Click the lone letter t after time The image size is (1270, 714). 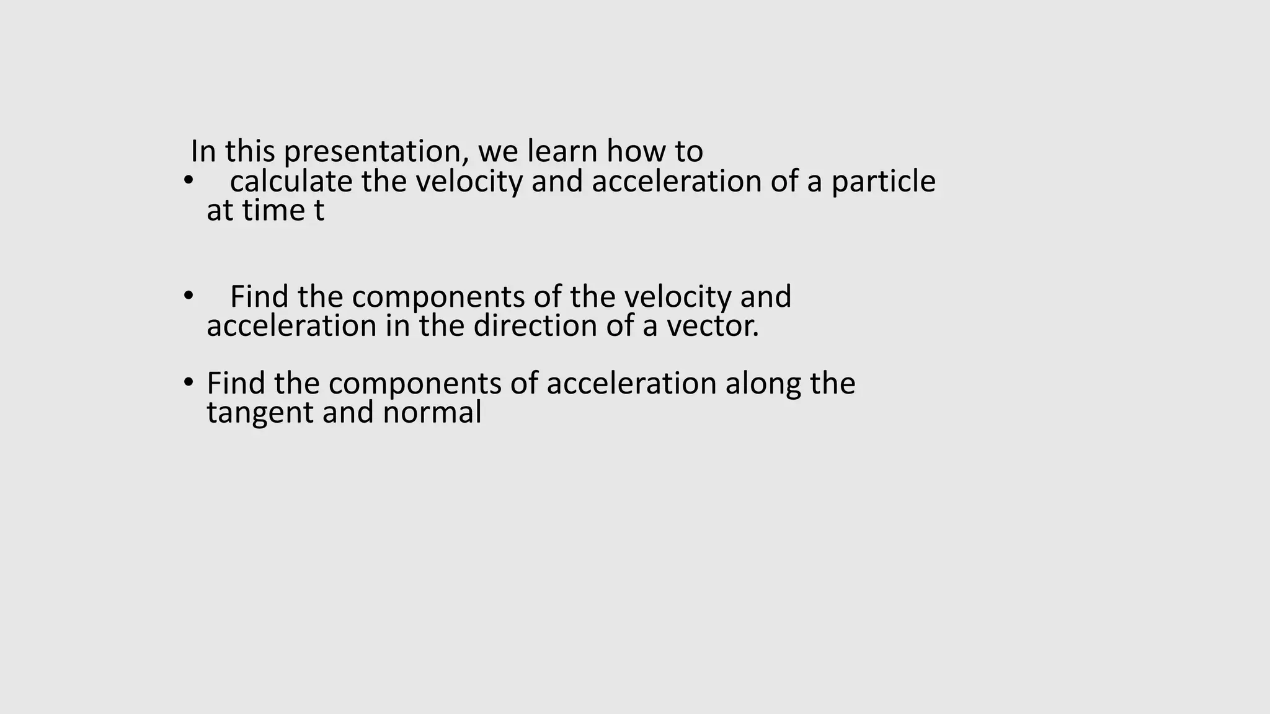(x=319, y=211)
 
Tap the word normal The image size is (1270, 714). (x=432, y=412)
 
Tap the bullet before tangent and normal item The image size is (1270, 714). (x=188, y=382)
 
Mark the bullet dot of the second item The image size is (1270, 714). (x=188, y=296)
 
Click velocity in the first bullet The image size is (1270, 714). (x=469, y=182)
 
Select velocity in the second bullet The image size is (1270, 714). (x=678, y=297)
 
